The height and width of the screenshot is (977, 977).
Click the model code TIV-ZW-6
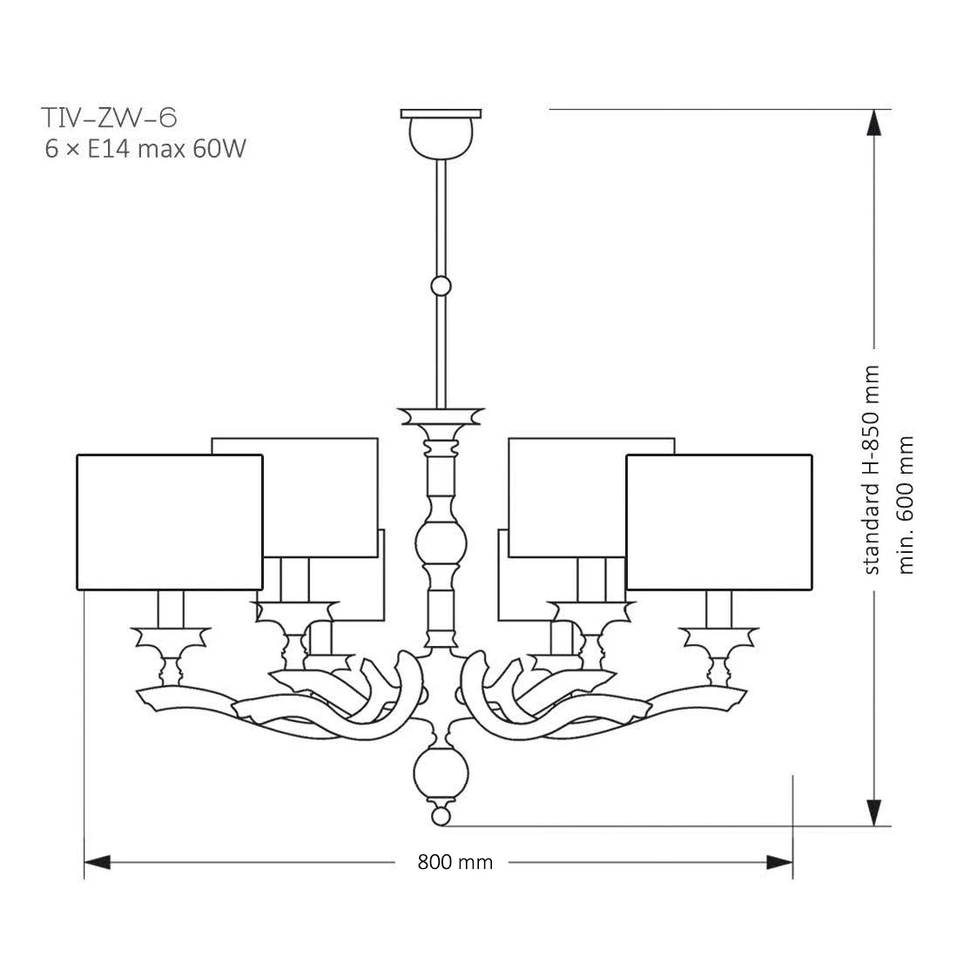point(109,118)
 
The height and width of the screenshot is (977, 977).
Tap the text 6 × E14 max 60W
point(145,149)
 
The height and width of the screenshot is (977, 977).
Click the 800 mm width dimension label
point(455,862)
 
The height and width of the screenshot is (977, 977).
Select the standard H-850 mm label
point(872,470)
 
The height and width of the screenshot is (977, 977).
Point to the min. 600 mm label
point(906,505)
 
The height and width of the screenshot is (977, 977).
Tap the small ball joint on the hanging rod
point(441,286)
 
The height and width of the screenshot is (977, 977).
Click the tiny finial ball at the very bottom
point(441,816)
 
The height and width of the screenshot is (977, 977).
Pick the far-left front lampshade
point(170,522)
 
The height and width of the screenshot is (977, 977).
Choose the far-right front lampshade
point(719,522)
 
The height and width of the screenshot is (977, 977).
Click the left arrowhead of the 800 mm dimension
point(98,862)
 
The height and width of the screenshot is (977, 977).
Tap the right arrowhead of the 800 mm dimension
point(779,862)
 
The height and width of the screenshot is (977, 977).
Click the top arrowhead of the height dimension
point(874,123)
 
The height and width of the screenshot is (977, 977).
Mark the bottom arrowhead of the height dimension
point(874,812)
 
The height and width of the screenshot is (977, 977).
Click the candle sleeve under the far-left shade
point(171,610)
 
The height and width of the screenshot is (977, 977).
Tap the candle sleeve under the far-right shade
point(718,610)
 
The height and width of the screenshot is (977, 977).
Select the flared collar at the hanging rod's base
point(441,416)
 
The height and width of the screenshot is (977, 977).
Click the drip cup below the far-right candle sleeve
point(718,642)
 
